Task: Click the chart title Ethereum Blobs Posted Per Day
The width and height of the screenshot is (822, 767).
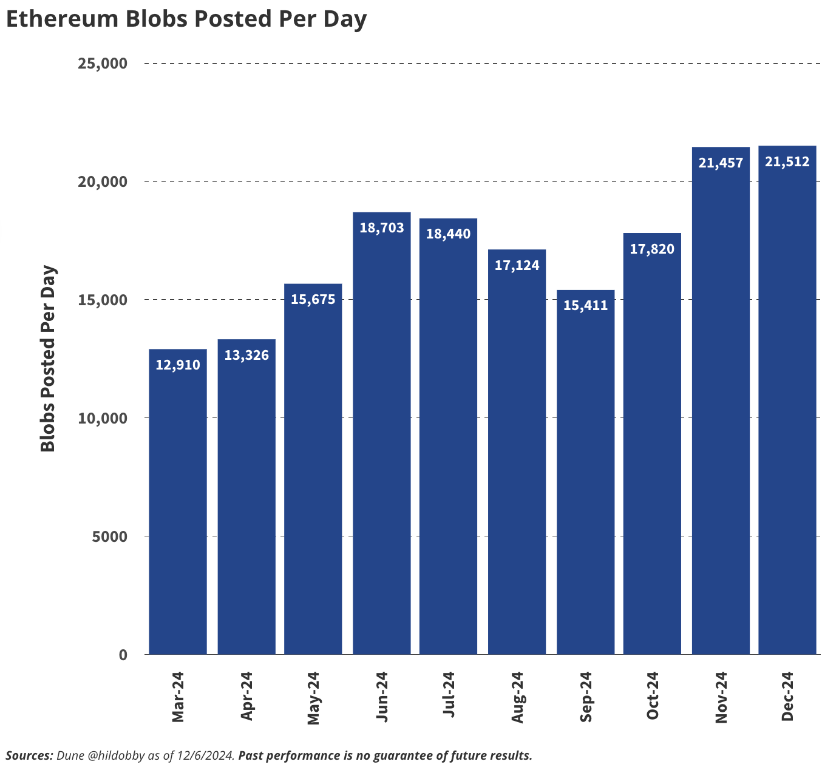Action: click(186, 19)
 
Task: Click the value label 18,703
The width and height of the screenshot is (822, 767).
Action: click(382, 228)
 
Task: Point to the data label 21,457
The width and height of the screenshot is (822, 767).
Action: click(721, 163)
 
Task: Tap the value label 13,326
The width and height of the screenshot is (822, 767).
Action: click(246, 356)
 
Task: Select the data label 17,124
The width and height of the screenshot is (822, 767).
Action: click(517, 266)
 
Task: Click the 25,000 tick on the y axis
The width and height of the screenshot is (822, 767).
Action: click(103, 64)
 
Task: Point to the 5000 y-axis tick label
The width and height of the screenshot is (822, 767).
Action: click(110, 536)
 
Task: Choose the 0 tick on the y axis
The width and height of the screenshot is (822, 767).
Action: click(123, 655)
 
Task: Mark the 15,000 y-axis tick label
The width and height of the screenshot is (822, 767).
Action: click(103, 300)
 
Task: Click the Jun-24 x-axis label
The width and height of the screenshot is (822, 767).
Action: click(382, 697)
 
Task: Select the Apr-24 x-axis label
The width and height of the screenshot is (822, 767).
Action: click(246, 696)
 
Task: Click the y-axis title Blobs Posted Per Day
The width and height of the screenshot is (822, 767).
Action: click(48, 359)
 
